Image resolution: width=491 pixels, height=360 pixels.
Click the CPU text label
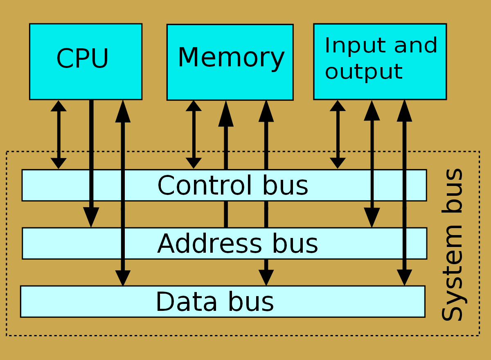tap(83, 59)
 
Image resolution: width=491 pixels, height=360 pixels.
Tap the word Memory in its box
tap(231, 57)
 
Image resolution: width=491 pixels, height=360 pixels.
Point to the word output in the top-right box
tap(364, 72)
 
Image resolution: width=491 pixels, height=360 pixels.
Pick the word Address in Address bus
tap(209, 244)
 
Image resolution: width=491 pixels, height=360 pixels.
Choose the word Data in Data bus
tap(186, 302)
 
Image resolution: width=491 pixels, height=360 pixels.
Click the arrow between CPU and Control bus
tap(59, 134)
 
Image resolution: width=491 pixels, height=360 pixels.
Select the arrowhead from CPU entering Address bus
tap(91, 217)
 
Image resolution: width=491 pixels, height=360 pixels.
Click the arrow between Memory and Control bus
tap(194, 134)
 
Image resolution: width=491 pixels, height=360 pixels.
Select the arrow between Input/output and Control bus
tap(338, 134)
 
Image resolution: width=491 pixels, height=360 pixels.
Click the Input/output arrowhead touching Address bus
tap(372, 217)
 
